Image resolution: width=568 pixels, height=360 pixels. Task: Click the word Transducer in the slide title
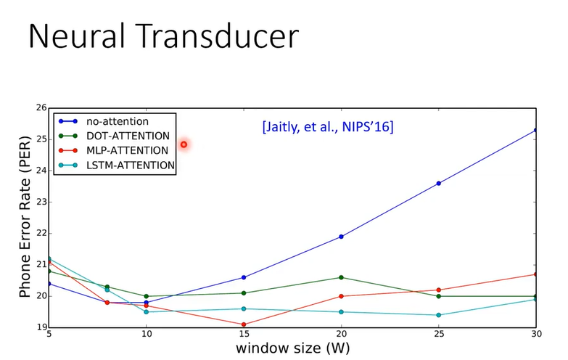[x=217, y=36]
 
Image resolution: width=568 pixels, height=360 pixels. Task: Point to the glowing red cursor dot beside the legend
[x=184, y=144]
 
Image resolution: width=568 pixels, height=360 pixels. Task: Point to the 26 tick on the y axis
[x=40, y=108]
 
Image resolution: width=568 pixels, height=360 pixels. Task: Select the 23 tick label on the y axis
[x=40, y=202]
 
